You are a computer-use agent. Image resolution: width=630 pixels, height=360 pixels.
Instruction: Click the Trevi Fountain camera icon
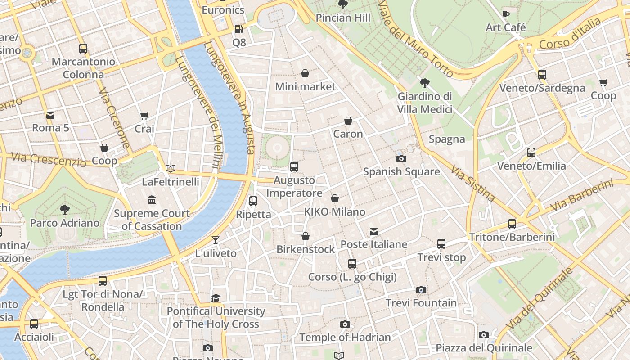point(421,290)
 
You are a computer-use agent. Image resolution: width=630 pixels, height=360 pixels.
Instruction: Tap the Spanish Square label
point(401,171)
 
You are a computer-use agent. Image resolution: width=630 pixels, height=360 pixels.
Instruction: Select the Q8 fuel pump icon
point(239,29)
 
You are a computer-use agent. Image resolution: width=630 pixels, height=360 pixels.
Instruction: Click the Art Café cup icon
point(506,14)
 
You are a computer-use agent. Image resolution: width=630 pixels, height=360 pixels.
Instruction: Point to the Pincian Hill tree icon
point(343,5)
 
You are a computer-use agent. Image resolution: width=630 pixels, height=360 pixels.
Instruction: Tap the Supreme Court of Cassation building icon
point(152,200)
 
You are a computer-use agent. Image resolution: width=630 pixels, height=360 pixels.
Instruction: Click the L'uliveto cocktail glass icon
point(216,240)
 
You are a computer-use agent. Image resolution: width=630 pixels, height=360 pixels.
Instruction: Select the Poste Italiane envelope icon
point(374,232)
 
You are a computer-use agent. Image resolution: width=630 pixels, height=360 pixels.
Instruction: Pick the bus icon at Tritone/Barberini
point(512,224)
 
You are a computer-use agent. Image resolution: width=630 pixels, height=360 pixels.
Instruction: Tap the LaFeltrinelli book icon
point(171,169)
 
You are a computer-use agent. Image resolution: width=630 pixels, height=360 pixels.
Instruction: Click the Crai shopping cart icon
point(144,116)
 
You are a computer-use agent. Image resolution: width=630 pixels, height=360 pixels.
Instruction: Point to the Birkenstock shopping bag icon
point(306,236)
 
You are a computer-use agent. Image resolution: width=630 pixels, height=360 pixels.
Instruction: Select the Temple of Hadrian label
point(345,337)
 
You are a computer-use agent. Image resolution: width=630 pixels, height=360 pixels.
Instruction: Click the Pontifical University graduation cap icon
point(216,298)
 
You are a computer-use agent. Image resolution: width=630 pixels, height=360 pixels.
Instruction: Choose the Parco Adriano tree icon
point(65,209)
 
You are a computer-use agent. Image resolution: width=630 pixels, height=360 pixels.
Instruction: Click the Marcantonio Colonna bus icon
point(83,49)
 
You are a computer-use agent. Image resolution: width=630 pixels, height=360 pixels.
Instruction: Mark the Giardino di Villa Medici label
point(425,103)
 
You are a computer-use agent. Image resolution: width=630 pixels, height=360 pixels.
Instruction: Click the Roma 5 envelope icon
point(50,115)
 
